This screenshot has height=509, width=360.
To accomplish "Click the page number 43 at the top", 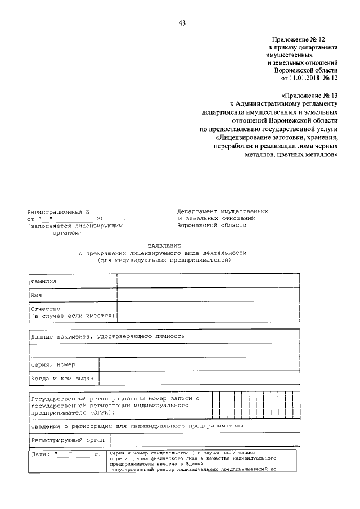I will click(181, 23).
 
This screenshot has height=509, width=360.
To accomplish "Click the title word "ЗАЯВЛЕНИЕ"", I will click(163, 246).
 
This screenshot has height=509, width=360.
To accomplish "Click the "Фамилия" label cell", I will click(44, 281).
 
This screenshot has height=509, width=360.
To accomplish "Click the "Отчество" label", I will click(46, 309).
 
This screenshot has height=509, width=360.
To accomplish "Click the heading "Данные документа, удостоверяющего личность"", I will click(107, 336).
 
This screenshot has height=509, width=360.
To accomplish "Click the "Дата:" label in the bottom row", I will click(41, 454).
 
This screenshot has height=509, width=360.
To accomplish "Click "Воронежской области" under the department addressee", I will click(211, 225).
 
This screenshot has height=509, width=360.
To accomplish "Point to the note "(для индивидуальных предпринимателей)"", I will click(163, 260).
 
